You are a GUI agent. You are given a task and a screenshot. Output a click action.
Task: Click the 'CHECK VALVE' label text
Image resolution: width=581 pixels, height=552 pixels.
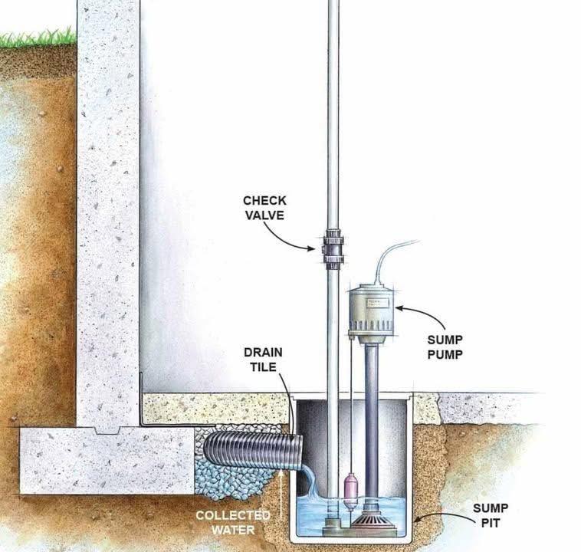[x=264, y=208]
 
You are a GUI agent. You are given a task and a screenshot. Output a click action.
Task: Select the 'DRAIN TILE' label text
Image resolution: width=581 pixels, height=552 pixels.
[x=263, y=361]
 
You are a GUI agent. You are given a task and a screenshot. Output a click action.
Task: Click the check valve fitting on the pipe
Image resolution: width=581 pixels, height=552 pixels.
[x=333, y=248]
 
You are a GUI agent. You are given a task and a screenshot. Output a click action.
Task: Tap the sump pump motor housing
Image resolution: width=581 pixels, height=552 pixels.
[x=370, y=310]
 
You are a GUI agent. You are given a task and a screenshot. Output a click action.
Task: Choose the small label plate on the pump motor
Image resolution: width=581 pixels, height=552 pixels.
[x=380, y=304]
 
